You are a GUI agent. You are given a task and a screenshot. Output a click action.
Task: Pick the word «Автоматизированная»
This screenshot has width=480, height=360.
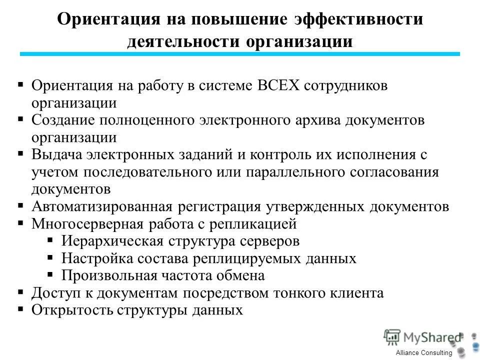tap(102, 206)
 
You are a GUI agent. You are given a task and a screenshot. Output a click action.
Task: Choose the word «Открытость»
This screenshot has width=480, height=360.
tap(72, 310)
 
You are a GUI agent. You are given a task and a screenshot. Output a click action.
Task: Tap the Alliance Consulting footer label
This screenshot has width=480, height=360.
tap(424, 353)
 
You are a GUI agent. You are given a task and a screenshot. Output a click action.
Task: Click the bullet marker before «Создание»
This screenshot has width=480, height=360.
tap(20, 119)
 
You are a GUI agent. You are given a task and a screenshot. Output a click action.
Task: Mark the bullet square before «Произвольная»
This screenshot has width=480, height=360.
tap(50, 275)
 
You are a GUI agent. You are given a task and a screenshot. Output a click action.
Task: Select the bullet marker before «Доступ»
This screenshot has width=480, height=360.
tap(20, 292)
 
